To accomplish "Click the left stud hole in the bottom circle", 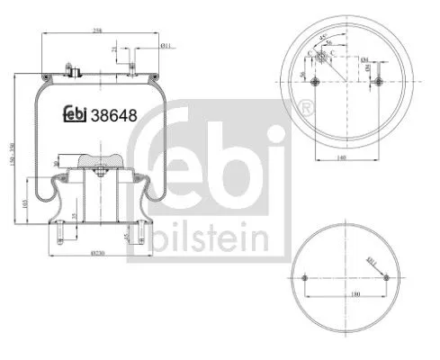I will point(306,278).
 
